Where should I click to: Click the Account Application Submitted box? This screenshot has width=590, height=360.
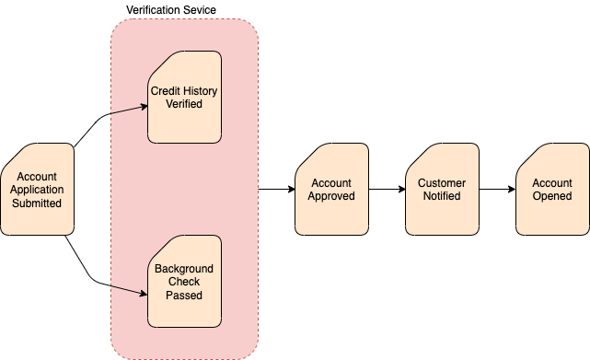(37, 189)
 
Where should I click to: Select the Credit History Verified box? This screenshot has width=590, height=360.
(184, 98)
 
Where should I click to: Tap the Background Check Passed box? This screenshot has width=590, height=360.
(184, 282)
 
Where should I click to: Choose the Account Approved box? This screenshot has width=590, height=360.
(331, 190)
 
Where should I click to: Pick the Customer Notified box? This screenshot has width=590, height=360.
(442, 190)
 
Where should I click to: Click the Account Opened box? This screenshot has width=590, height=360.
(552, 190)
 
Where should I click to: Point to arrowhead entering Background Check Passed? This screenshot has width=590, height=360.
(144, 294)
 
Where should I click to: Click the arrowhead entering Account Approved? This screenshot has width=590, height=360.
(290, 190)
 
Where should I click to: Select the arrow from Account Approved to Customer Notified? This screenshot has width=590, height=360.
(387, 190)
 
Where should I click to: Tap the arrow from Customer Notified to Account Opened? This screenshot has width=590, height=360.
(497, 190)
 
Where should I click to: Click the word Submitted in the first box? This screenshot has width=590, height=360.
(37, 203)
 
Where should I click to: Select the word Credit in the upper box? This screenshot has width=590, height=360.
(168, 90)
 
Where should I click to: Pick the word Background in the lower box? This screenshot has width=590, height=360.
(184, 269)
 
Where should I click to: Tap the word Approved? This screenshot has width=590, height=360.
(331, 196)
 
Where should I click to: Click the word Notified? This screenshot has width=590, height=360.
(442, 196)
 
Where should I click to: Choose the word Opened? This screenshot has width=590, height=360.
(552, 196)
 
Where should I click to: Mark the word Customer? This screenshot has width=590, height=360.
(442, 183)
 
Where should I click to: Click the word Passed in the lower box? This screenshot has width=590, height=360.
(184, 296)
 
